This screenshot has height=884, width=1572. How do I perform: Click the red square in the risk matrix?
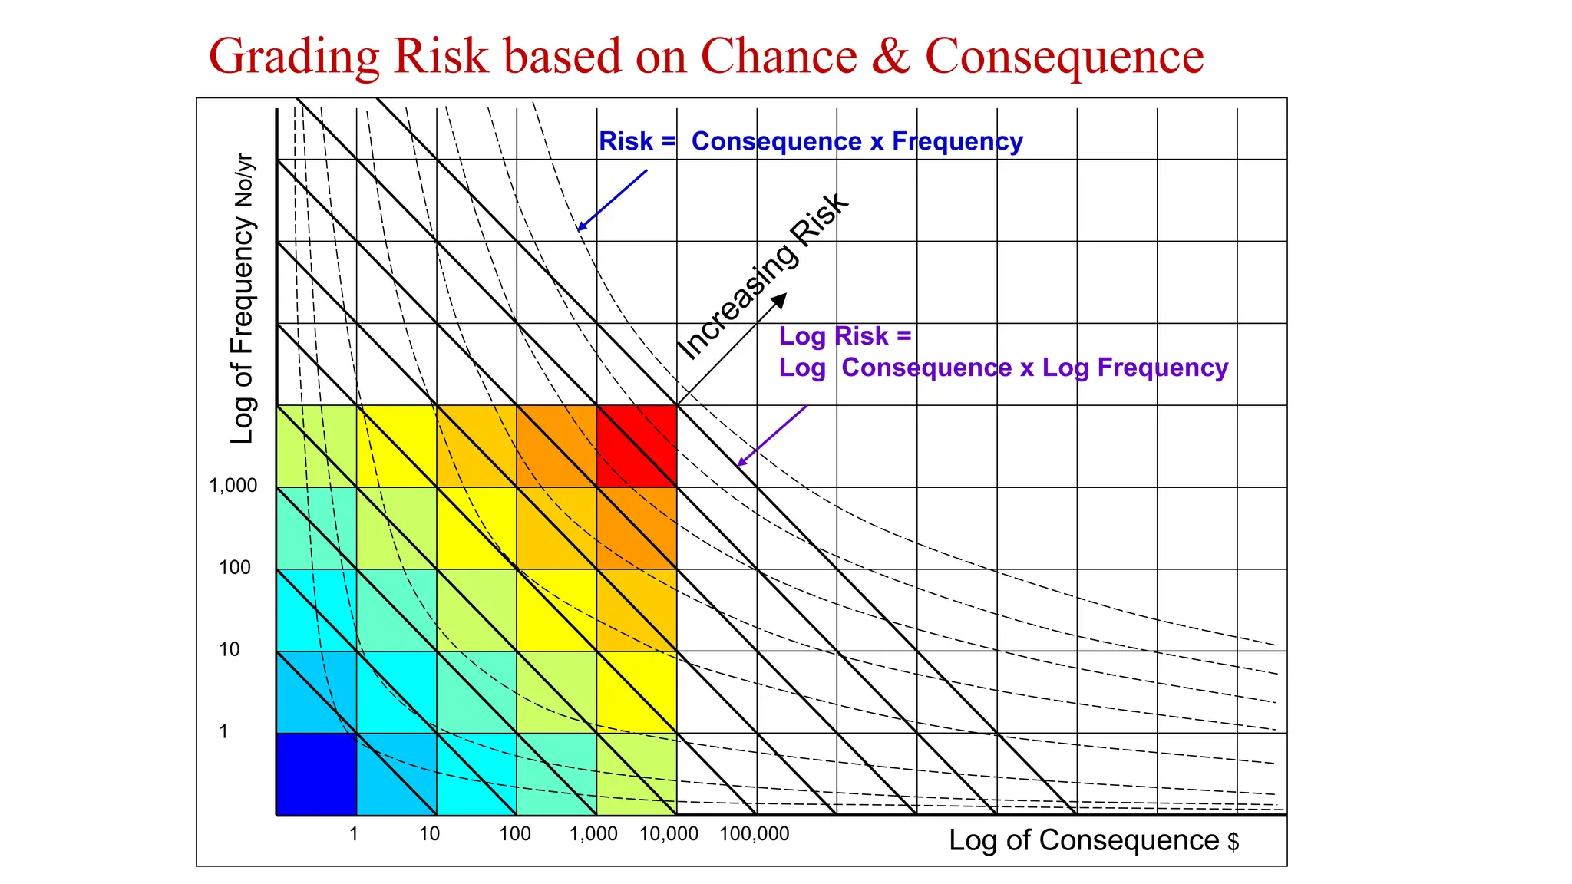coord(636,446)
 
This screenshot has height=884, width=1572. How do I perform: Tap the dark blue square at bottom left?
coord(316,773)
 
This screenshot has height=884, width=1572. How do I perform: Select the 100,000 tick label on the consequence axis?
coord(754,834)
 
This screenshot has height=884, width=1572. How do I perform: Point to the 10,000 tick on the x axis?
coord(669,834)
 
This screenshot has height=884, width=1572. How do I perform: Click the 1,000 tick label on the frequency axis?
coord(233,486)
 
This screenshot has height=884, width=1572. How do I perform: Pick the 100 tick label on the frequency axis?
coord(234,568)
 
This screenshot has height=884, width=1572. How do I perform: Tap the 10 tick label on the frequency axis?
coord(230,650)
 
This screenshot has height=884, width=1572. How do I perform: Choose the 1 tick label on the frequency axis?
coord(223,732)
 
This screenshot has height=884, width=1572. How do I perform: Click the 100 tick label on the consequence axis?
coord(514,834)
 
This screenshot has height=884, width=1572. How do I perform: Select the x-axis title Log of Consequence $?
coord(1093,841)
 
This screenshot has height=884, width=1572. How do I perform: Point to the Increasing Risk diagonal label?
coord(763,276)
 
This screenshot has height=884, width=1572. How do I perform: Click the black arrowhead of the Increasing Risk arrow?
coord(780,299)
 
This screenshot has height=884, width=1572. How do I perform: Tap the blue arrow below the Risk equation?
coord(612,200)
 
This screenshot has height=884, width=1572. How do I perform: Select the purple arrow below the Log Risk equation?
coord(771,436)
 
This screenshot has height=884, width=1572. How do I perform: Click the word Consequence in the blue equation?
coord(776,142)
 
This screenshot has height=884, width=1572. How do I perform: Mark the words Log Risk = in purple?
coord(844,336)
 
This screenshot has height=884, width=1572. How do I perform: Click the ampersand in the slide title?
coord(890,56)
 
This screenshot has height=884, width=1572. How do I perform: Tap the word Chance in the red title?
coord(778,56)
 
